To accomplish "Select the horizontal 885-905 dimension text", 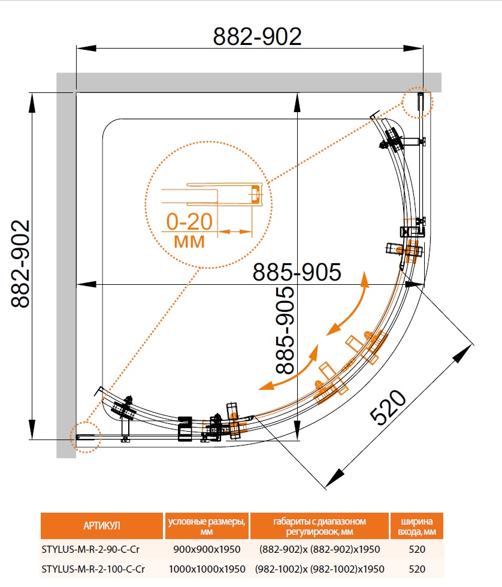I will (x=297, y=272).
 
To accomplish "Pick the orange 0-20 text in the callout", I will (x=189, y=222).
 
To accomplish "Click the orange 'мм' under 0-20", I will (x=189, y=242).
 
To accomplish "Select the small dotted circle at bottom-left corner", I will (x=84, y=436).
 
